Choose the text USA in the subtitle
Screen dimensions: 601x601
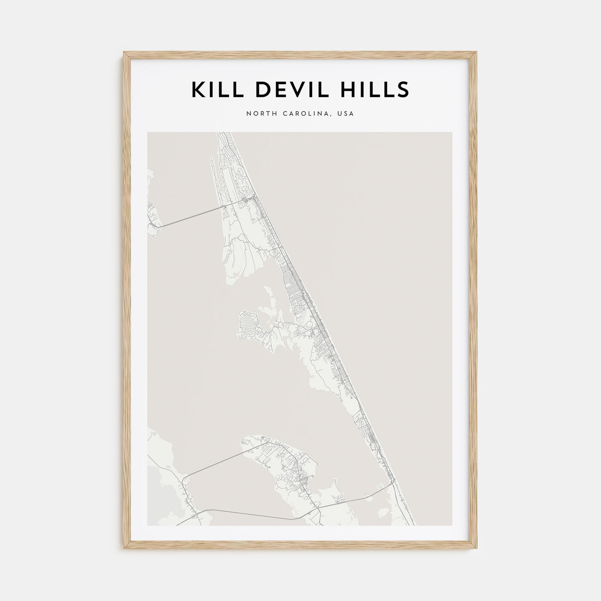pos(346,114)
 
